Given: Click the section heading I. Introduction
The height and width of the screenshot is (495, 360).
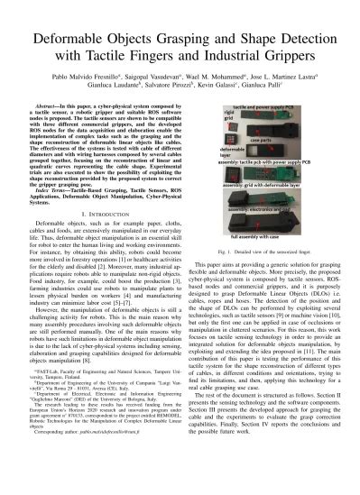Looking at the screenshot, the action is point(97,205).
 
